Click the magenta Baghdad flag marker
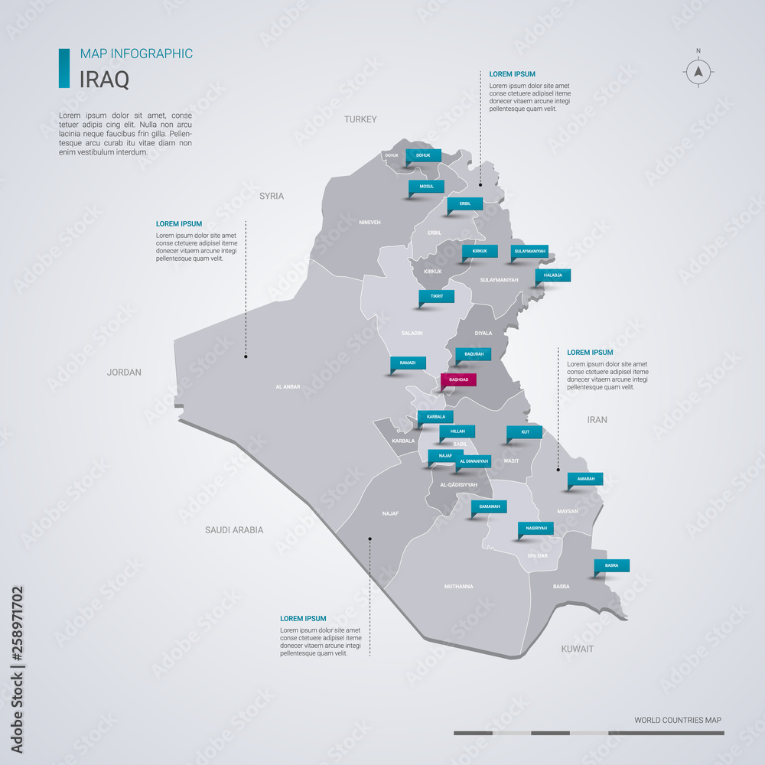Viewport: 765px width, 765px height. pyautogui.click(x=458, y=379)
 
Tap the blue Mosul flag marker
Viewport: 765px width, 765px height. pyautogui.click(x=426, y=186)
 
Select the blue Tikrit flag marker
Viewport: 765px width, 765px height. pyautogui.click(x=436, y=296)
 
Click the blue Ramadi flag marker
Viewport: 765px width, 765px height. pyautogui.click(x=408, y=363)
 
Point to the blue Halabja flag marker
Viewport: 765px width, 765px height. pyautogui.click(x=552, y=275)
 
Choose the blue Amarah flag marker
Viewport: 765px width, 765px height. pyautogui.click(x=585, y=479)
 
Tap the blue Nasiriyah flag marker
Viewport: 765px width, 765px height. pyautogui.click(x=535, y=528)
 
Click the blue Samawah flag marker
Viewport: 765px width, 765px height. pyautogui.click(x=489, y=506)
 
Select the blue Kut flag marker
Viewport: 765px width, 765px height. pyautogui.click(x=524, y=432)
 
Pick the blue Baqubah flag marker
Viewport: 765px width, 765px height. pyautogui.click(x=474, y=354)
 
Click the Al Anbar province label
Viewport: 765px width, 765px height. pyautogui.click(x=288, y=387)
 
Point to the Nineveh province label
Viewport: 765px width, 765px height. pyautogui.click(x=369, y=223)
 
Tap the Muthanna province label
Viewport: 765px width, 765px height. pyautogui.click(x=458, y=587)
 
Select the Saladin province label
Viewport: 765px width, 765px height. pyautogui.click(x=412, y=334)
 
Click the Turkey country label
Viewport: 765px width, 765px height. pyautogui.click(x=360, y=119)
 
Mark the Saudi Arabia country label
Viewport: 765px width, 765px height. pyautogui.click(x=234, y=529)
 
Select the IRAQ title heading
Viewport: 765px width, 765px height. pyautogui.click(x=105, y=78)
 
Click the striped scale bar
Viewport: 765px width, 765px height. pyautogui.click(x=588, y=733)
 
